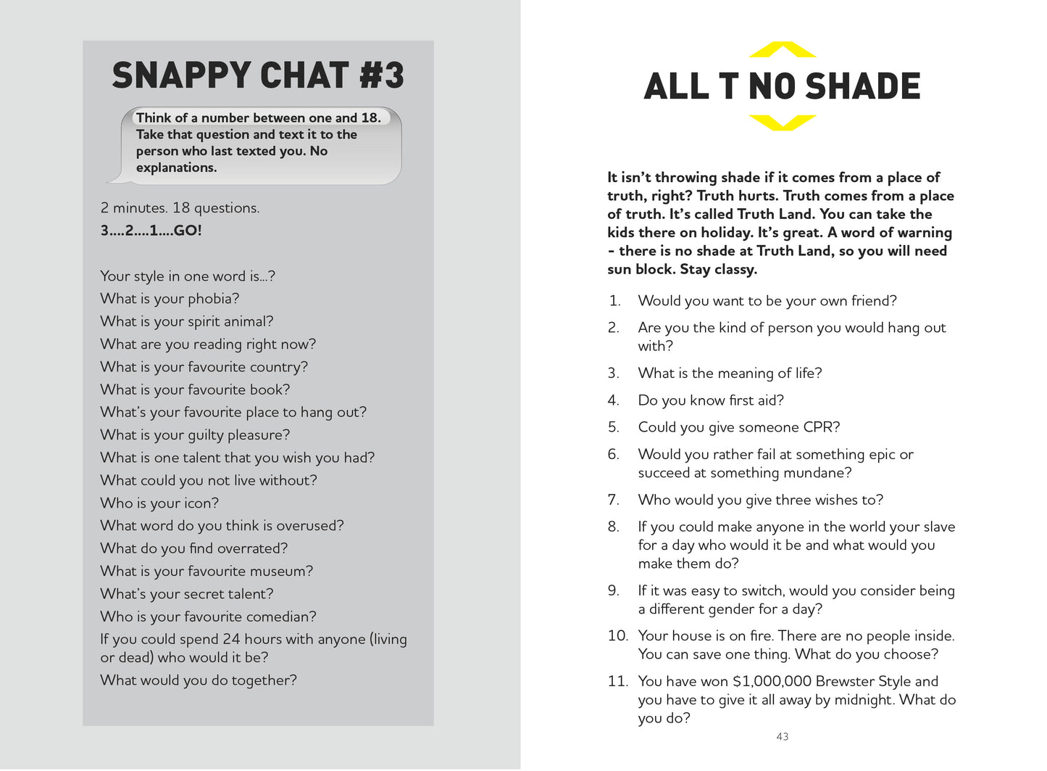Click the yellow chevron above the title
point(782,50)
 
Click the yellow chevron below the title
point(782,122)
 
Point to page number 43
point(782,736)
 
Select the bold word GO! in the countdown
point(188,231)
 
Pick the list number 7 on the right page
point(613,500)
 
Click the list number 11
point(617,681)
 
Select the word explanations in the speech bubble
point(176,168)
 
